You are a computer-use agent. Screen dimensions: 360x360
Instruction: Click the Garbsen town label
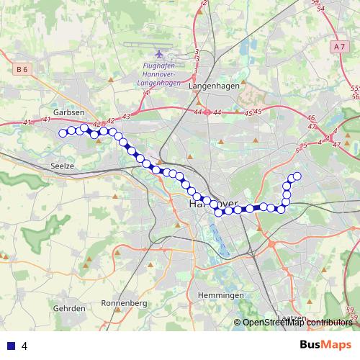(69, 112)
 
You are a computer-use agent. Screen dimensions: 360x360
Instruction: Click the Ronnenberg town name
(124, 302)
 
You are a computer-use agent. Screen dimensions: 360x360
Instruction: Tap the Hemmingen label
(220, 296)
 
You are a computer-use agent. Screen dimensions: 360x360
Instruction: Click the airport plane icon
(160, 55)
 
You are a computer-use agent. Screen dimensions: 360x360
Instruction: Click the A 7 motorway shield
(340, 46)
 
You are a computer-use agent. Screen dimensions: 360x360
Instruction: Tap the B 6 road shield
(24, 69)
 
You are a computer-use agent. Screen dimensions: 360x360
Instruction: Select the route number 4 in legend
(24, 346)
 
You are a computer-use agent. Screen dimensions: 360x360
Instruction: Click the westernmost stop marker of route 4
(63, 132)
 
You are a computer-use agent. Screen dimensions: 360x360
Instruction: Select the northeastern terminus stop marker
(296, 176)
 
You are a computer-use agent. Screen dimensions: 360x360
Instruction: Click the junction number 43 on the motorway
(127, 116)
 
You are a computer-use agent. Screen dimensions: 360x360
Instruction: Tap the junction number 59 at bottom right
(351, 310)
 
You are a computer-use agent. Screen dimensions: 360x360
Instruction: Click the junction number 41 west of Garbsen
(28, 122)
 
